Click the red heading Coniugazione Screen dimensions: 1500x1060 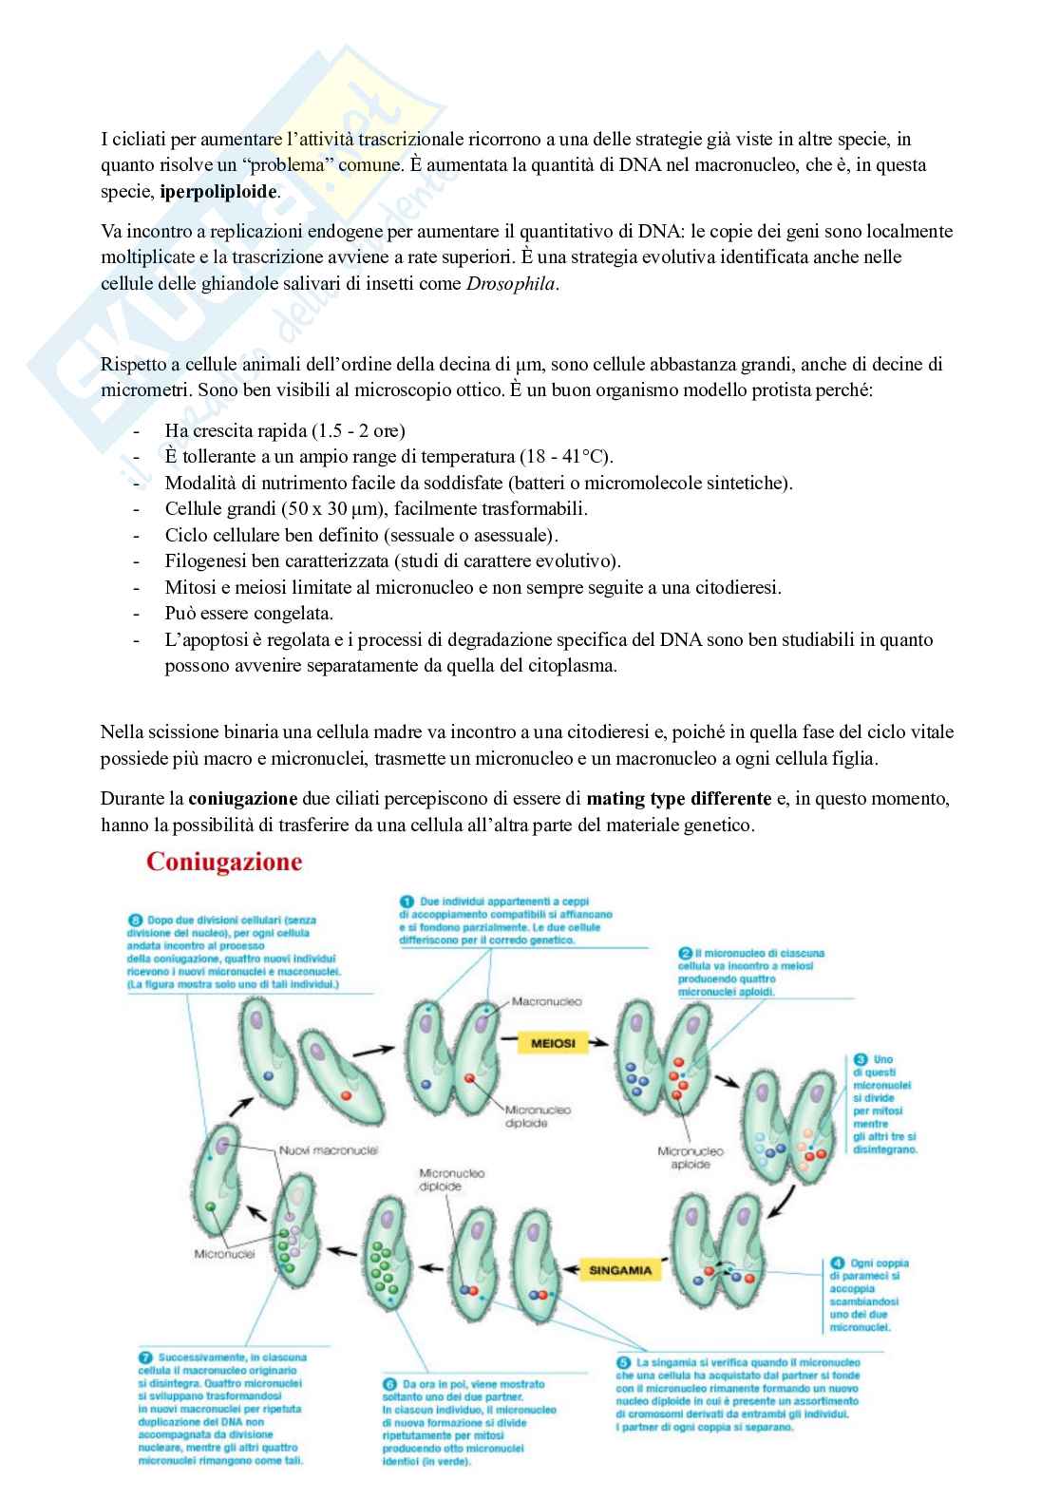point(223,863)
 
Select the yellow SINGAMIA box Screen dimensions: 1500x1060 point(619,1269)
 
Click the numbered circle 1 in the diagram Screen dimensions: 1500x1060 point(406,901)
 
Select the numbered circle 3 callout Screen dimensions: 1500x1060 point(860,1058)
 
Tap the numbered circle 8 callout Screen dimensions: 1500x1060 point(134,920)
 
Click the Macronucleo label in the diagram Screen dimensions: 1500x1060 point(546,1001)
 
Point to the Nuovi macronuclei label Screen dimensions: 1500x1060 point(329,1150)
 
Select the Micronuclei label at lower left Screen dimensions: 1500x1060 point(224,1254)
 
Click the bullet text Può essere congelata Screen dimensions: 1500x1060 point(249,613)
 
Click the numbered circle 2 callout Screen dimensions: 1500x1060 point(685,953)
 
